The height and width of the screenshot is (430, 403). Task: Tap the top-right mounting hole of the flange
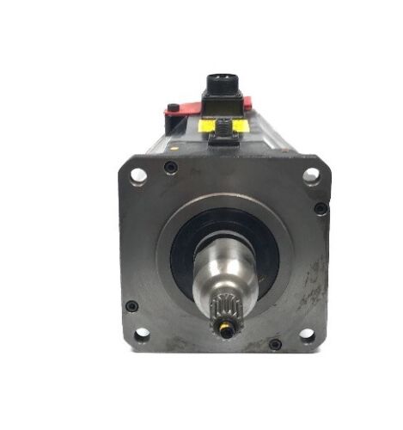pos(311,175)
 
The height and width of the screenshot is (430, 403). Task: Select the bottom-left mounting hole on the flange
pos(142,334)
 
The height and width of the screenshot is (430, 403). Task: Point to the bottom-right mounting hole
pos(307,335)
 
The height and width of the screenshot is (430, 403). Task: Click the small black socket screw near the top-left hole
pos(171,168)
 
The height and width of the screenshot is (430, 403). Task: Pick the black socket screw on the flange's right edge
pos(321,208)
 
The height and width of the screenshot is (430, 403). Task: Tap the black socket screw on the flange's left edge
pos(131,305)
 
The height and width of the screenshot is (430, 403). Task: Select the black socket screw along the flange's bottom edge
pos(275,344)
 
